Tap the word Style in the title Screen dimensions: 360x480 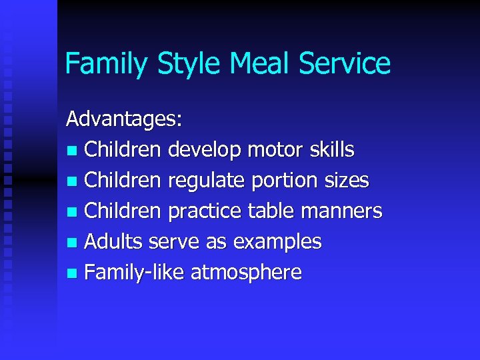click(188, 64)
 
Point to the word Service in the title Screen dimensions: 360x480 click(345, 64)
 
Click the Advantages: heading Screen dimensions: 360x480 click(123, 119)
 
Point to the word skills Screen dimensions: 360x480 click(333, 150)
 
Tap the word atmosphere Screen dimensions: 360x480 click(246, 273)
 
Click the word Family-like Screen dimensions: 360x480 click(135, 273)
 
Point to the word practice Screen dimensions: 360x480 click(205, 211)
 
